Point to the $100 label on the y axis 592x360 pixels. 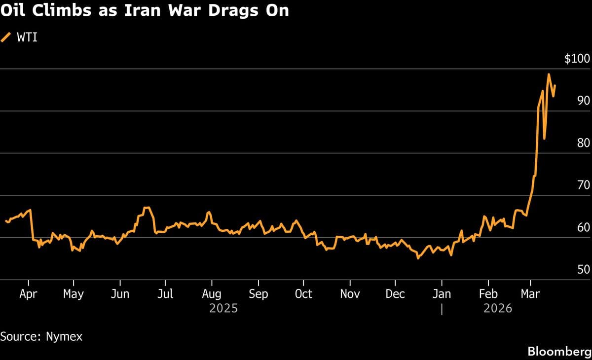click(x=577, y=59)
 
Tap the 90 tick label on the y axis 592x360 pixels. click(x=583, y=101)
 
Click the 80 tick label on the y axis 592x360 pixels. click(x=583, y=144)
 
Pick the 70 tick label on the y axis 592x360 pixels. click(x=583, y=185)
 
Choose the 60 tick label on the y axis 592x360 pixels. click(x=583, y=228)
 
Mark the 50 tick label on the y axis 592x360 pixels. click(x=583, y=270)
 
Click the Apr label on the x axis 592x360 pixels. click(x=29, y=294)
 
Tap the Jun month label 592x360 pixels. click(x=120, y=294)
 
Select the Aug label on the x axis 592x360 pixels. click(x=212, y=294)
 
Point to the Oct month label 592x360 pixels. click(x=303, y=294)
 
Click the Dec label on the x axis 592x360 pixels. click(x=395, y=294)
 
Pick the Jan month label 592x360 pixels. click(x=442, y=294)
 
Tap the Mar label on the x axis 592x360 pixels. click(x=530, y=294)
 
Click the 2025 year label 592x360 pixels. click(x=223, y=309)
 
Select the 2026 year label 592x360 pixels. click(x=498, y=309)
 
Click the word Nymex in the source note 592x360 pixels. click(x=64, y=337)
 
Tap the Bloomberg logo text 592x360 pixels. click(x=559, y=352)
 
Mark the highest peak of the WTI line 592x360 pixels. click(x=549, y=74)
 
